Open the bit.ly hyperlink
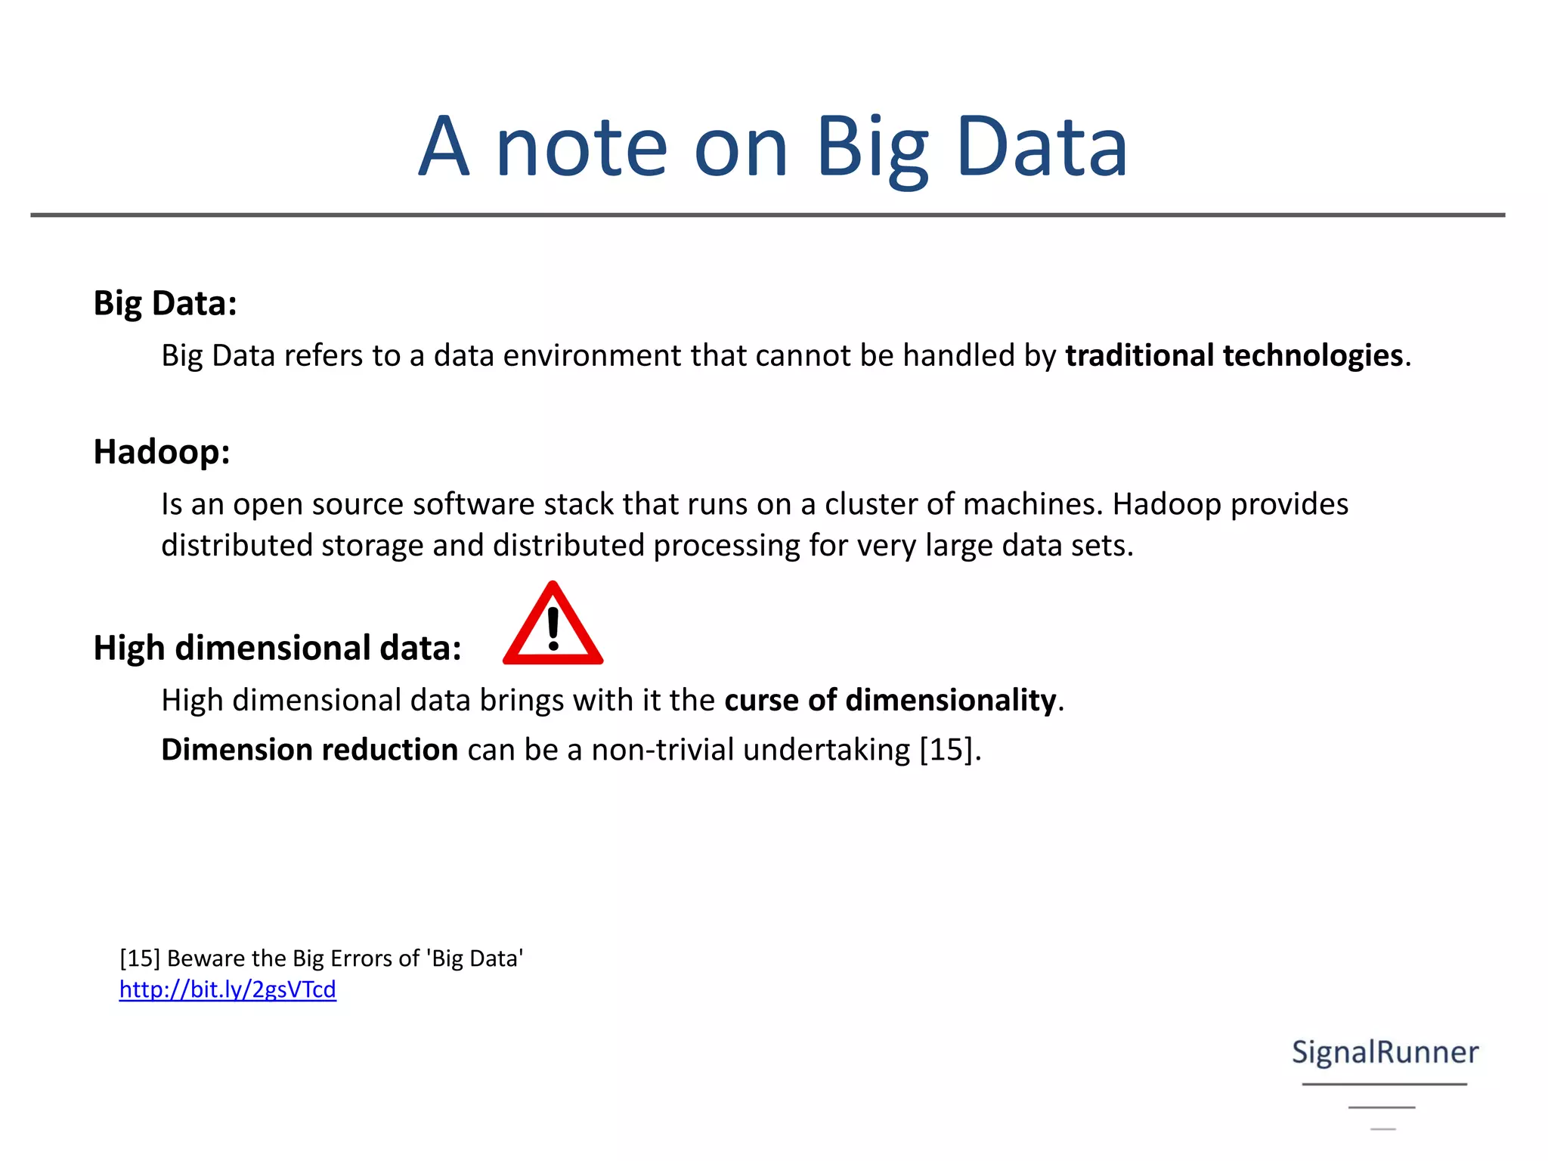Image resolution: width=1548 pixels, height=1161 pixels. (228, 989)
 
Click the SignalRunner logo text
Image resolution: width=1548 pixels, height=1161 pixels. (1385, 1052)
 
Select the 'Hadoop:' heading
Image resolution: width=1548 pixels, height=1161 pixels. (162, 452)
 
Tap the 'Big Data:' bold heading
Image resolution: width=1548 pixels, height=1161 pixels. (166, 303)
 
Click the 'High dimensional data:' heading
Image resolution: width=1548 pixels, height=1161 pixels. (277, 648)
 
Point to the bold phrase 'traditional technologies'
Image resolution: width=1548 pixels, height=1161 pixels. (1234, 355)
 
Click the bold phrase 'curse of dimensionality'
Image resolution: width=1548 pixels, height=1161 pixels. (890, 700)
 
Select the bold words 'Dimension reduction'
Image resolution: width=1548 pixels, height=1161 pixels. (310, 750)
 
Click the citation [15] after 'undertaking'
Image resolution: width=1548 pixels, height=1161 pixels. (946, 750)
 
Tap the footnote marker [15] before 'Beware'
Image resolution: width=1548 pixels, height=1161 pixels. (140, 958)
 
